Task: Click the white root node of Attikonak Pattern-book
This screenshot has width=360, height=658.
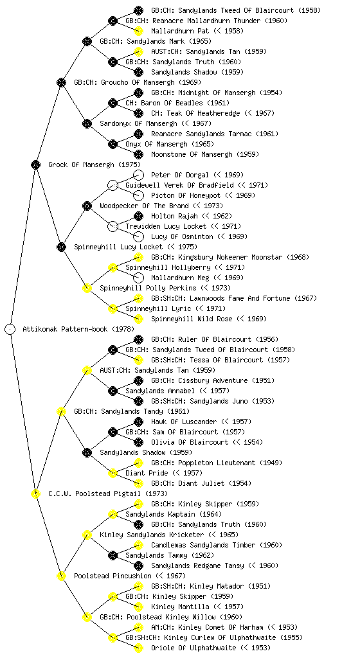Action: coord(10,330)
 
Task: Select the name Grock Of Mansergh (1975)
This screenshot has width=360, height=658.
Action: coord(94,165)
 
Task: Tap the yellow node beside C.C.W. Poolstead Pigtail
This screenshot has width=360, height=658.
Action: coord(36,494)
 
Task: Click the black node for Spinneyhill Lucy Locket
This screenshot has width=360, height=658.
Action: coord(62,247)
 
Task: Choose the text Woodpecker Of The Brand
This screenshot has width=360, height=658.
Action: coord(145,206)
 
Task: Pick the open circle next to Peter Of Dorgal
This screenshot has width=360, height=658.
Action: coord(138,175)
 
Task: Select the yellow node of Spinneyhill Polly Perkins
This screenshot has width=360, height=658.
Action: coord(87,289)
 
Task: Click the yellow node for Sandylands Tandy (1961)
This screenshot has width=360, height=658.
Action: coord(62,412)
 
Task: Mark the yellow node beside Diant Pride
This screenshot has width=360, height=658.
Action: coord(113,474)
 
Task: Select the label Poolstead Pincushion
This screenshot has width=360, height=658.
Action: coord(113,576)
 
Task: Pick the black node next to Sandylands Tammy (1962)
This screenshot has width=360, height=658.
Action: coord(113,556)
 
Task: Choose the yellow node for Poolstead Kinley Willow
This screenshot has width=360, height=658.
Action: coord(87,618)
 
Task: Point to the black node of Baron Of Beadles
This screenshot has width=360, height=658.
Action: coord(113,103)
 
